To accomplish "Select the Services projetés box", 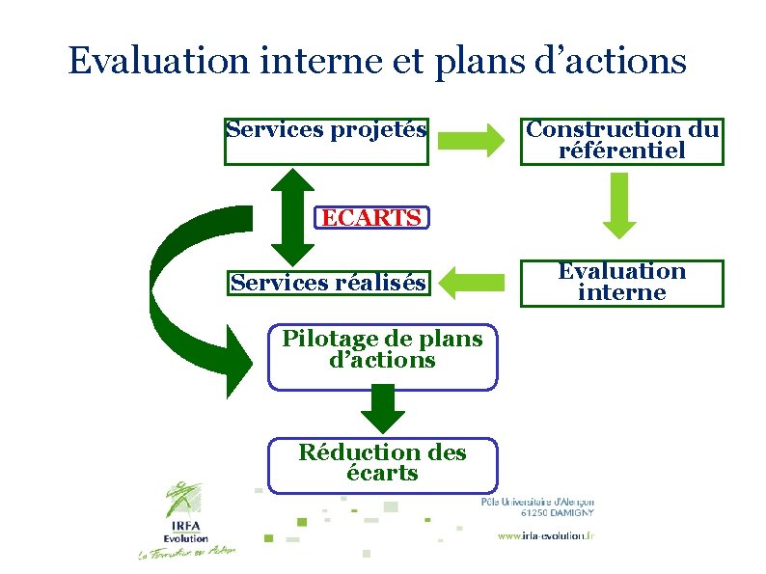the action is coord(326,141).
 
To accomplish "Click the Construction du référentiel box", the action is coord(621,141).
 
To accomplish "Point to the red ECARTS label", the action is coord(371,218).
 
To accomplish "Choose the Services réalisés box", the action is coord(327,283).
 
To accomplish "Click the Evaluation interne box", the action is coord(621,283).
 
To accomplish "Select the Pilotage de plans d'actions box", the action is coord(382,356).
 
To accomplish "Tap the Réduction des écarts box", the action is coord(382,464).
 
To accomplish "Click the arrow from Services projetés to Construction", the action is coord(471,141).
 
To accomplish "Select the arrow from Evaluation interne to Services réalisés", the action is coord(473,283).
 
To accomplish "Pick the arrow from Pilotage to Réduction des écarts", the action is coord(382,409).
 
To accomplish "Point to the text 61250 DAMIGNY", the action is coord(557,513).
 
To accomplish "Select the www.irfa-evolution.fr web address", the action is coord(546,536).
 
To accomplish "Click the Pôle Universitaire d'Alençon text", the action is coord(537,501).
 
